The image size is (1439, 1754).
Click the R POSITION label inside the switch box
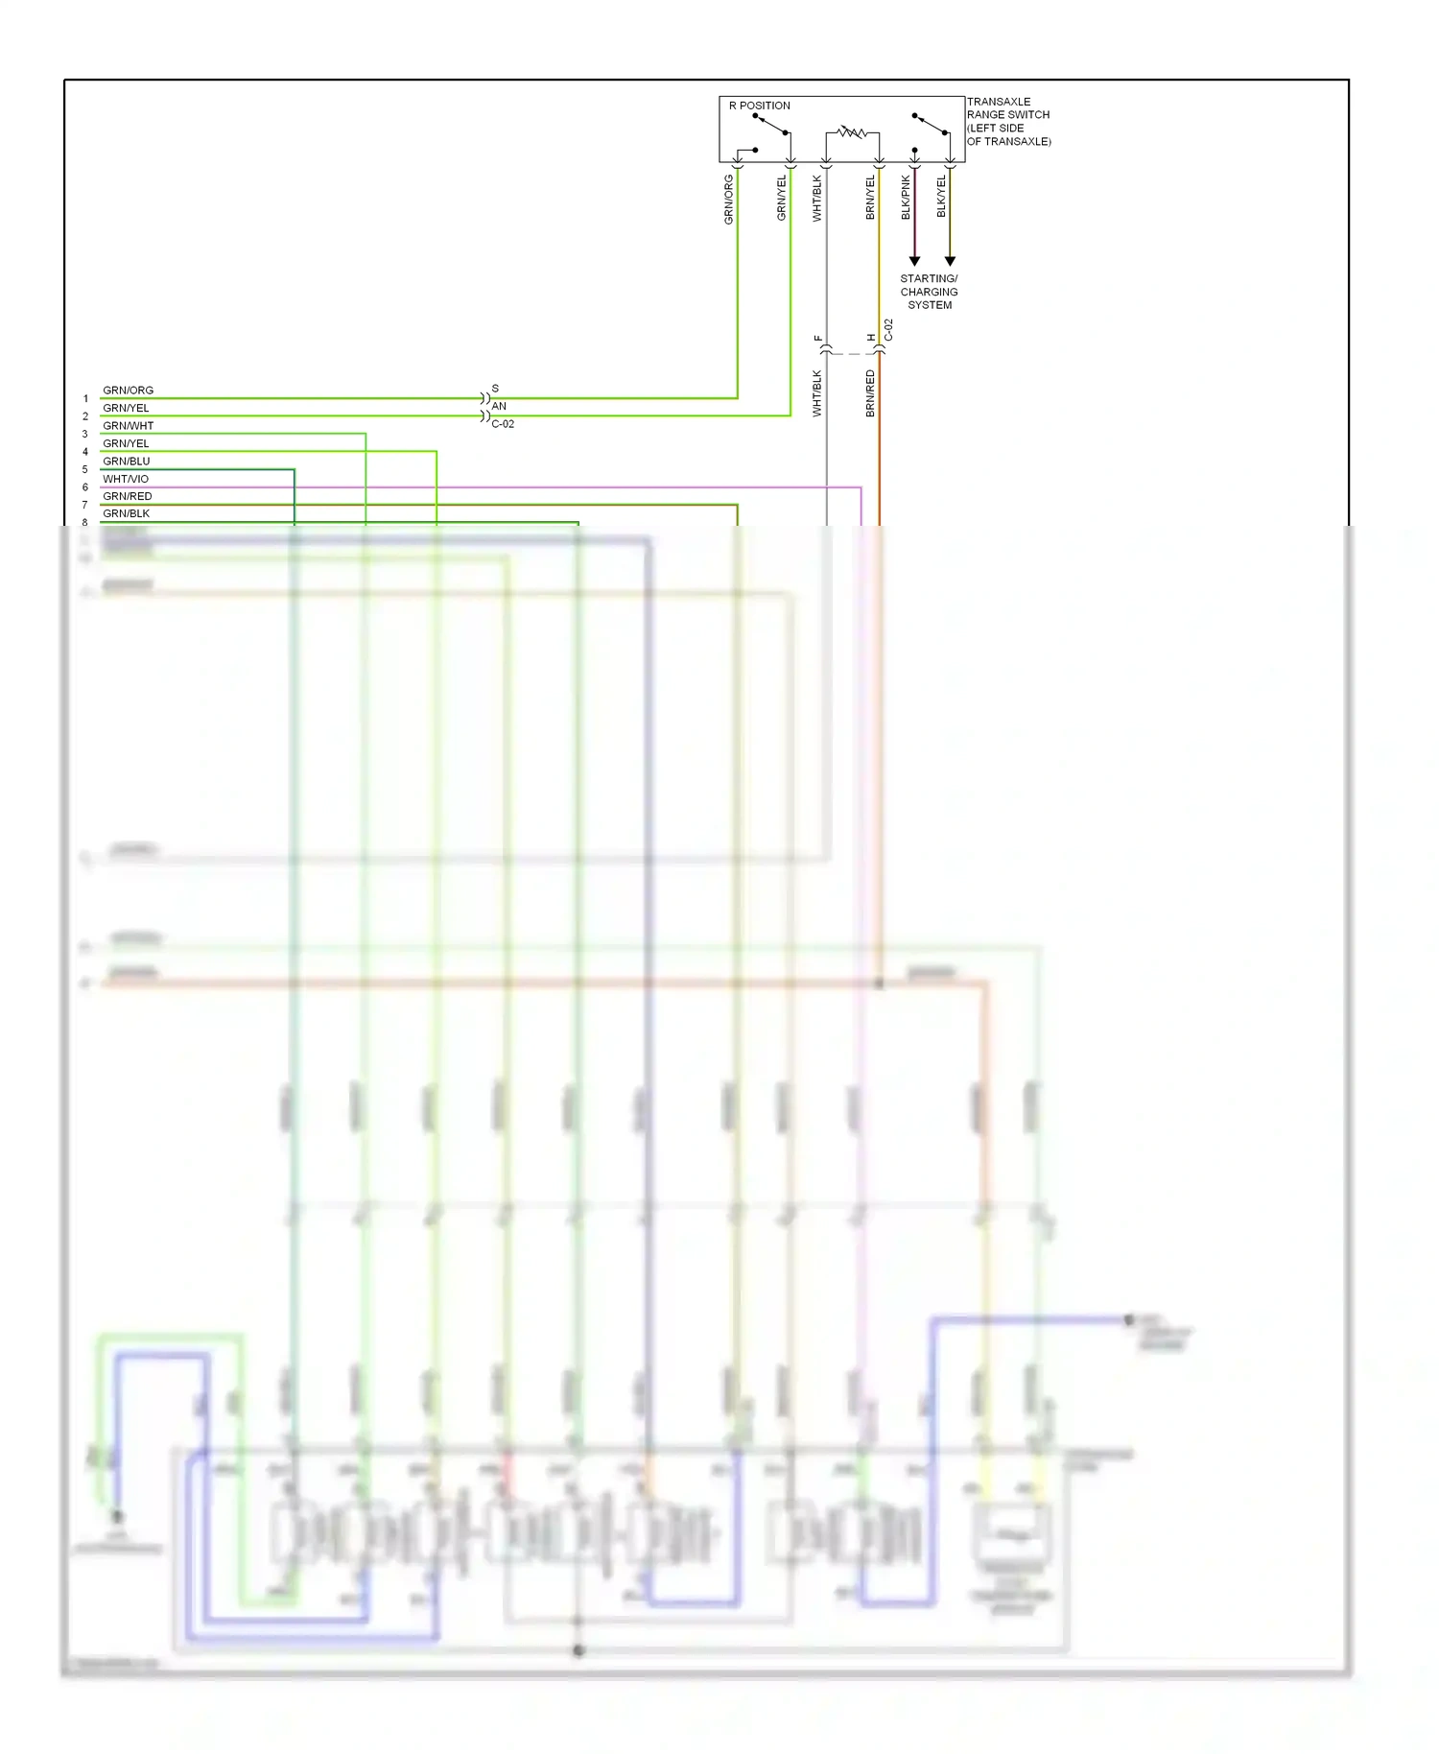[759, 106]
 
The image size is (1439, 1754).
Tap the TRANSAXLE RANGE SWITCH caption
[1007, 121]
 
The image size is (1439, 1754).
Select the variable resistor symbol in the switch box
[852, 131]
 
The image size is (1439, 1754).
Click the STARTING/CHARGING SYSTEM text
[929, 292]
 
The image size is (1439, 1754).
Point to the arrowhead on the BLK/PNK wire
[914, 261]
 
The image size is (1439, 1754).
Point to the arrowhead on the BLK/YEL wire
[950, 261]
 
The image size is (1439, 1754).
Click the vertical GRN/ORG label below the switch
[729, 200]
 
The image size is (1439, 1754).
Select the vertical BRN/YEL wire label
[871, 198]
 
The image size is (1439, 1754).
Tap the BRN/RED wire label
[871, 393]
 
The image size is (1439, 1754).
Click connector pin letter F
[818, 338]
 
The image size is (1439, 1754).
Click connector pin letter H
[871, 338]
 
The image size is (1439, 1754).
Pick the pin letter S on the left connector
[495, 389]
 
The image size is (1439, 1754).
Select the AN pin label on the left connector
[499, 406]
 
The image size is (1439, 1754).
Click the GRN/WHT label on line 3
[128, 426]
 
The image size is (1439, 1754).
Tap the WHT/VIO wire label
[126, 479]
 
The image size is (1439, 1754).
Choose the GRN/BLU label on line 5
[126, 462]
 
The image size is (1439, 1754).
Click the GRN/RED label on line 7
[127, 496]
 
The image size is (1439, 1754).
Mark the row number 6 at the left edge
[84, 487]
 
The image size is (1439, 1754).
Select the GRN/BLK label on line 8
[126, 513]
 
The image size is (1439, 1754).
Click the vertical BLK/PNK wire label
[907, 198]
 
